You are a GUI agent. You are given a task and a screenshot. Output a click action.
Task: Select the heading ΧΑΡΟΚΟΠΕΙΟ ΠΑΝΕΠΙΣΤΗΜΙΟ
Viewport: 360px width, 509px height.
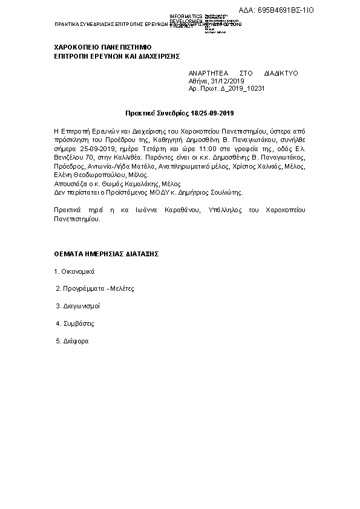(x=103, y=47)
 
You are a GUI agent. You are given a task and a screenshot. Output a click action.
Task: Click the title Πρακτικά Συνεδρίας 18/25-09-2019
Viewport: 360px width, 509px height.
(x=179, y=113)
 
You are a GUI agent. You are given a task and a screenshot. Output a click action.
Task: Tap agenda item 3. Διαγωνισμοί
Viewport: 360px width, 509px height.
(x=77, y=306)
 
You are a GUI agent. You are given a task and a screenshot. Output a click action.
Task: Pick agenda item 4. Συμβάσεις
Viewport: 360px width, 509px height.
(x=75, y=324)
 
